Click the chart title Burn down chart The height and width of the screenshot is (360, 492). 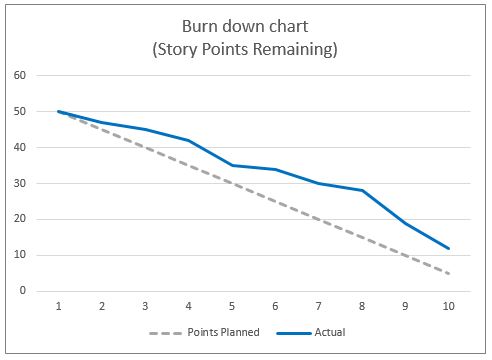click(x=246, y=26)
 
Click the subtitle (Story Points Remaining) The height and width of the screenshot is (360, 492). click(x=246, y=48)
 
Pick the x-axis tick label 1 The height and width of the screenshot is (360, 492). click(x=59, y=308)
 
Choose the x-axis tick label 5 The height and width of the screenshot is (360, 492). click(x=232, y=308)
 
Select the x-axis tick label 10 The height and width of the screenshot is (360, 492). click(x=448, y=308)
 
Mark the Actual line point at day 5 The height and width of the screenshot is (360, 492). click(x=232, y=165)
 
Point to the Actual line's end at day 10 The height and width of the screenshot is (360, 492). click(x=448, y=248)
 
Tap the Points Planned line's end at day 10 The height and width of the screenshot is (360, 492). click(x=448, y=273)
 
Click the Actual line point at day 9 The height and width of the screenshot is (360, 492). click(x=405, y=223)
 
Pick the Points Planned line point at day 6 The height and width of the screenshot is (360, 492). click(x=275, y=201)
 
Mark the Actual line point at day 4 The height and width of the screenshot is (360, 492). click(x=189, y=140)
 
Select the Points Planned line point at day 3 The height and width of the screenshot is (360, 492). click(x=145, y=147)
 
